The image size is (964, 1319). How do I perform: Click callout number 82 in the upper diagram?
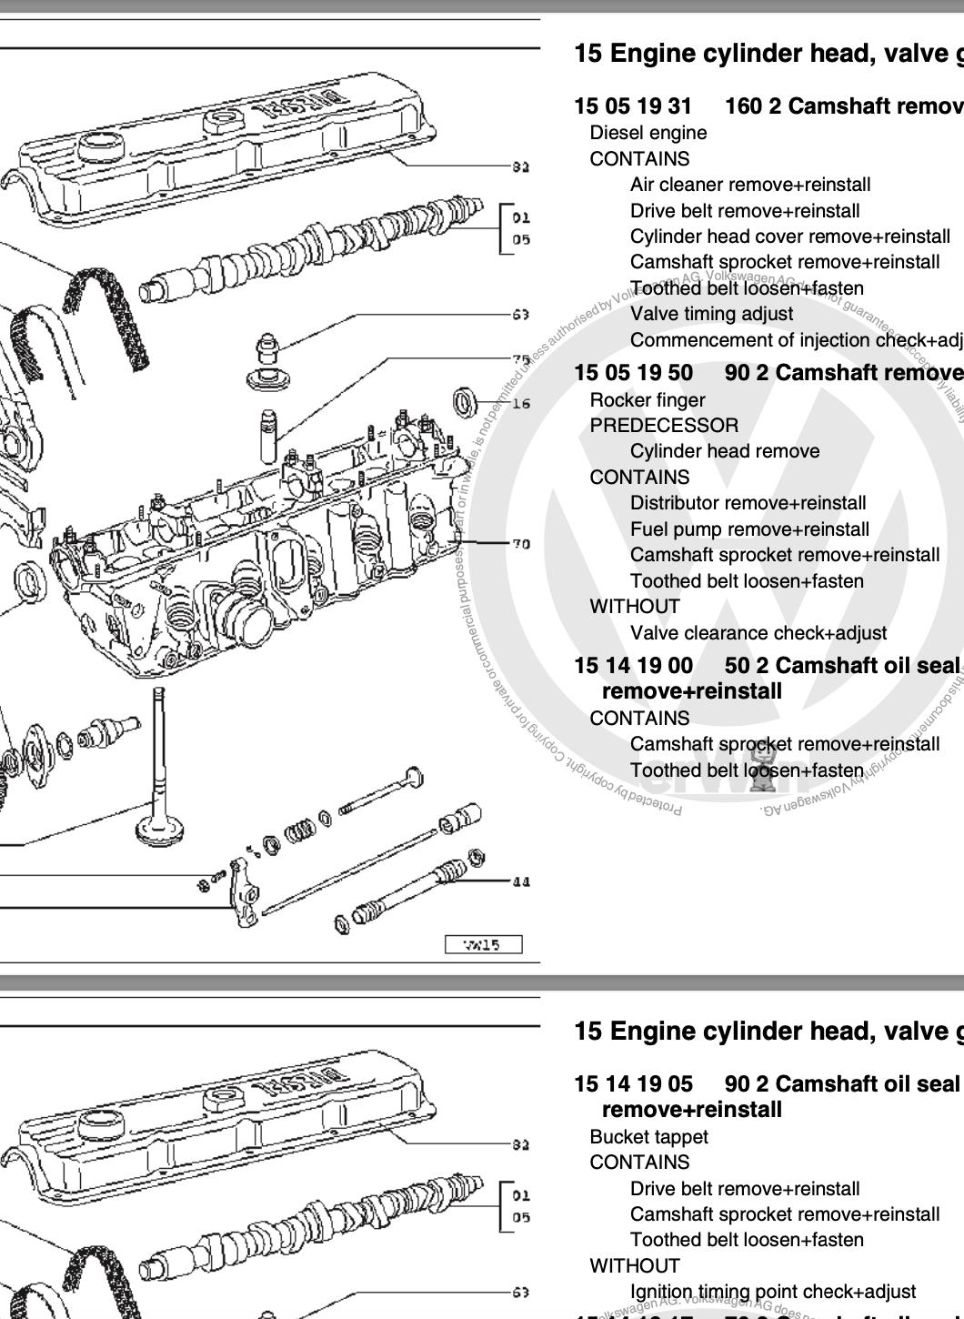[x=520, y=166]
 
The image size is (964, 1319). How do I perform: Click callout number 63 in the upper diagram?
[x=520, y=315]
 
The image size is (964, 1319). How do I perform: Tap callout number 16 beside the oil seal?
[x=521, y=403]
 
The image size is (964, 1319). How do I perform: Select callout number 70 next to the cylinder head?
[x=520, y=544]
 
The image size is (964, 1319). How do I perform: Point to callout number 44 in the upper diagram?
[x=521, y=881]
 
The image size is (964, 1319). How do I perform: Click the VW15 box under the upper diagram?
[x=483, y=944]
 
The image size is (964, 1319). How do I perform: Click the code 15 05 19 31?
[x=633, y=106]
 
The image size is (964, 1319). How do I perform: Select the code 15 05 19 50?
[x=633, y=373]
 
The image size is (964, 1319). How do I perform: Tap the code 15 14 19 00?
[x=633, y=666]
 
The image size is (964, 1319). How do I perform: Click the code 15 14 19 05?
[x=633, y=1084]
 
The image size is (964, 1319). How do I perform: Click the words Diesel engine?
[x=648, y=133]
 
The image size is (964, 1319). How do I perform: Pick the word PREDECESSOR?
[x=664, y=426]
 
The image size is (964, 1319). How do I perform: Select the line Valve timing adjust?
[x=711, y=314]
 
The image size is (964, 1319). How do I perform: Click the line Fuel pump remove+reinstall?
[x=749, y=529]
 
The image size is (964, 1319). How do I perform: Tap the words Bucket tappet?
[x=648, y=1137]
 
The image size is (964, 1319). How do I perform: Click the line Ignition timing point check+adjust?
[x=772, y=1292]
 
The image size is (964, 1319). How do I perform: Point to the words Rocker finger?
[x=647, y=400]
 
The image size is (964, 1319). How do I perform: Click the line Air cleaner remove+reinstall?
[x=749, y=185]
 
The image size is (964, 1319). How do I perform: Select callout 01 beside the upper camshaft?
[x=520, y=217]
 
